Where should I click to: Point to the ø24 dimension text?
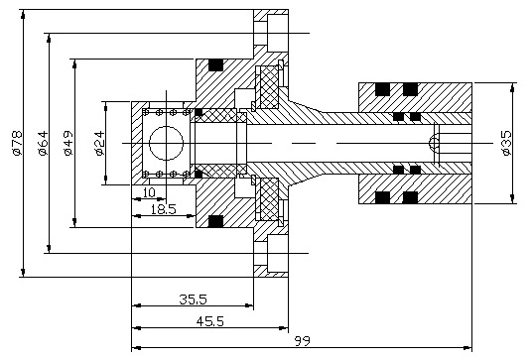click(99, 145)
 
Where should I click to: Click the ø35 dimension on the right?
click(507, 145)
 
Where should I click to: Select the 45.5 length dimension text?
click(208, 320)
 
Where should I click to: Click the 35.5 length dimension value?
click(193, 299)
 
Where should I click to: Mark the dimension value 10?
click(149, 192)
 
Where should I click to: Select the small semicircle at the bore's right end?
click(435, 145)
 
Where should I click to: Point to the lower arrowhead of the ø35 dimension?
click(513, 194)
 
